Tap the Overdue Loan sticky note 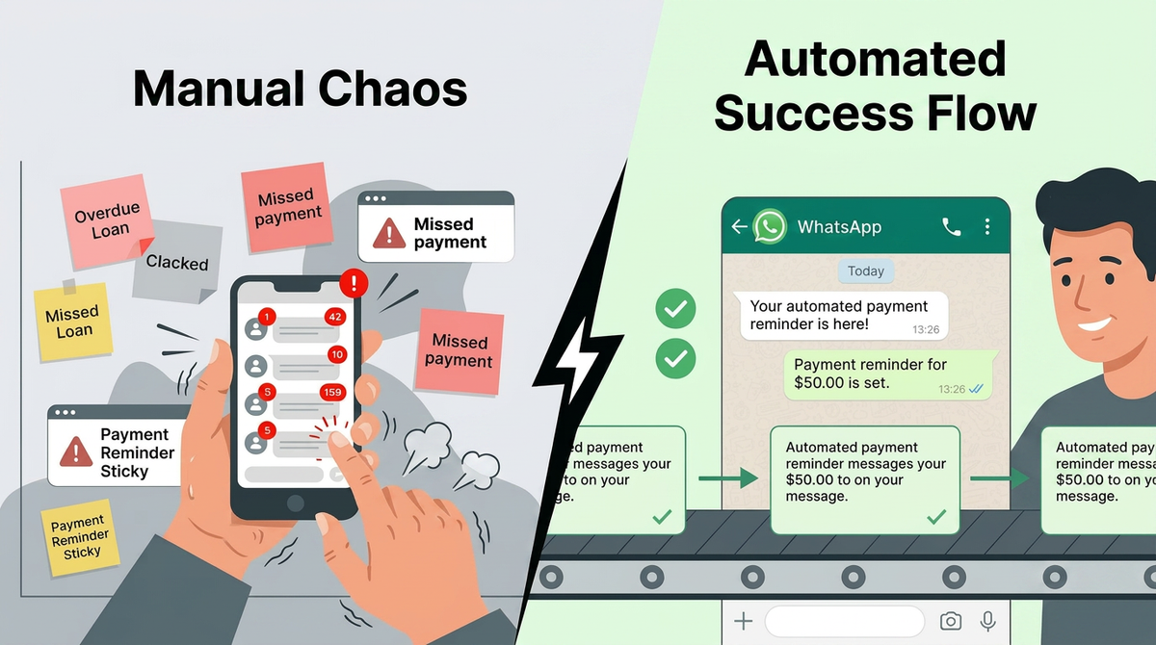107,219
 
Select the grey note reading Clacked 176,260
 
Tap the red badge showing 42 335,317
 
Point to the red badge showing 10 336,354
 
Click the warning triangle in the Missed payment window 388,233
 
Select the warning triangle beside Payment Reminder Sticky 76,451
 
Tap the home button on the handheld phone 296,503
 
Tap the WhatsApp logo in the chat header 770,227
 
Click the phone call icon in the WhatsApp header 951,227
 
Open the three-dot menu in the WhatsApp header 987,227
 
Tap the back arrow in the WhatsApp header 739,227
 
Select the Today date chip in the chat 865,271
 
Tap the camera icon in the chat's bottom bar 951,621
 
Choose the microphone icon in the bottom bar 987,621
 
